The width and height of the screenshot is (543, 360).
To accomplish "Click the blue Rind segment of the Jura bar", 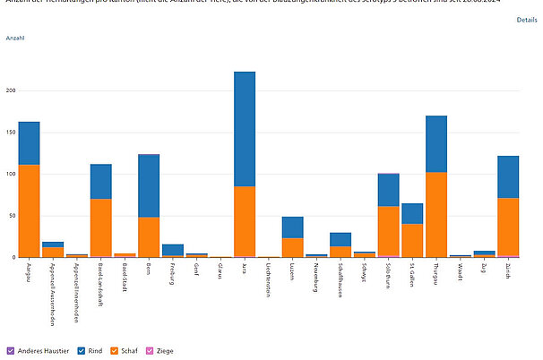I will pos(245,129).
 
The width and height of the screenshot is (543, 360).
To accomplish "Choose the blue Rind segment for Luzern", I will pos(292,227).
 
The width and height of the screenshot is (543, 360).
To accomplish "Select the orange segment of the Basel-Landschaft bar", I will pos(101,227).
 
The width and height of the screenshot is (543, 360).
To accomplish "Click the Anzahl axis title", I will pos(15,39).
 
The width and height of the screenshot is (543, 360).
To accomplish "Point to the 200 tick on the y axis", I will pos(11,90).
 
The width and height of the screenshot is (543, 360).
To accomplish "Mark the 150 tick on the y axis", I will pos(11,133).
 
